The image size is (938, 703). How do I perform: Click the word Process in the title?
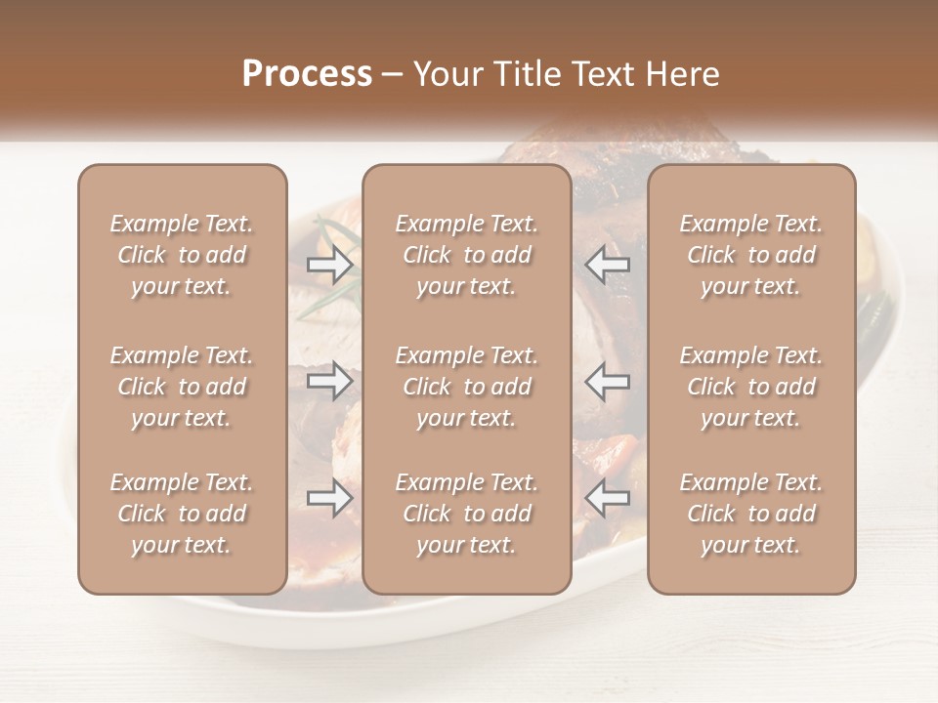[307, 74]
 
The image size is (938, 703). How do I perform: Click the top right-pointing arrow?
[330, 264]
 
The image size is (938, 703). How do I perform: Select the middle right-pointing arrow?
[330, 382]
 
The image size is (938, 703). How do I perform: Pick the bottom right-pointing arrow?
[330, 498]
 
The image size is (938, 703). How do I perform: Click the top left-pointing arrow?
[607, 264]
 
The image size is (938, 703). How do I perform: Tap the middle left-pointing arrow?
[607, 382]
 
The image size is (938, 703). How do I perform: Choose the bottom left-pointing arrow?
[607, 498]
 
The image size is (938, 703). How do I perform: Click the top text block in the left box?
[182, 255]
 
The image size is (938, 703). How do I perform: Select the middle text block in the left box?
[182, 387]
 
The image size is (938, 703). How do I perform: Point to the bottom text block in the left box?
[182, 514]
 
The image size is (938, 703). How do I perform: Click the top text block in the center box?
[466, 255]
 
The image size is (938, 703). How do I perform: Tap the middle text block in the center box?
[466, 387]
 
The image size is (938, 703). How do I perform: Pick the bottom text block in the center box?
[466, 514]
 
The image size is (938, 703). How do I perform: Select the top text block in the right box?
[750, 255]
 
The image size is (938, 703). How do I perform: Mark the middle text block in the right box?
[750, 387]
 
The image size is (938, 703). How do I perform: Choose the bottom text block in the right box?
[750, 514]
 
